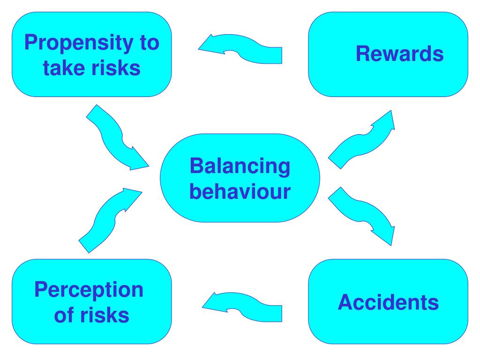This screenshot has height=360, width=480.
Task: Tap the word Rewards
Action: (x=399, y=54)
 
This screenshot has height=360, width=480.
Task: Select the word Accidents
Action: (x=388, y=302)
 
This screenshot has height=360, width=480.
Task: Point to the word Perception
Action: (x=89, y=291)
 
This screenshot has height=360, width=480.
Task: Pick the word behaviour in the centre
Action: (x=240, y=191)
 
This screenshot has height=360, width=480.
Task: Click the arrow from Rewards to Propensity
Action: (x=240, y=49)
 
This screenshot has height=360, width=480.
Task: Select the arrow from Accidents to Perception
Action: (x=242, y=307)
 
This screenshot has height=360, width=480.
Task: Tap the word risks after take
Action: (x=116, y=68)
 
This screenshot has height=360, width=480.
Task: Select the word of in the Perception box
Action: (x=64, y=315)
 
